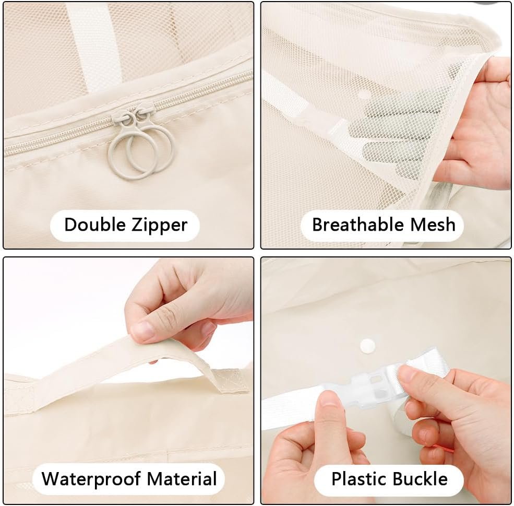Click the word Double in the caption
95,225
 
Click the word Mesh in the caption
433,225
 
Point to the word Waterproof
91,479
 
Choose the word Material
182,479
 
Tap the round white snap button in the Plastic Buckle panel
367,346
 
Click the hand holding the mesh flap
475,125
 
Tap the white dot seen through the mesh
364,95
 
